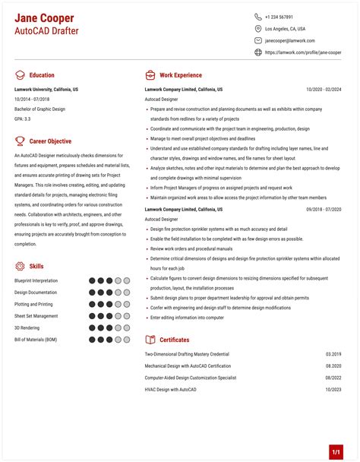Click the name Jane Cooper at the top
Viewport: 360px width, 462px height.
coord(44,17)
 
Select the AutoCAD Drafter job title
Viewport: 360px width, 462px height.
coord(46,31)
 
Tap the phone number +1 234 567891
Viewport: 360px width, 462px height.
coord(279,17)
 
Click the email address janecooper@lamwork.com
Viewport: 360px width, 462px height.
coord(289,40)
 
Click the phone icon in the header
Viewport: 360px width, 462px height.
coord(258,17)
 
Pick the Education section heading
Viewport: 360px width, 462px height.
coord(42,75)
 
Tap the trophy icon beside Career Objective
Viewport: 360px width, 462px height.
coord(19,141)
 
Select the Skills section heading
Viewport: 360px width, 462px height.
coord(36,266)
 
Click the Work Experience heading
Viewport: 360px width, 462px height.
coord(180,75)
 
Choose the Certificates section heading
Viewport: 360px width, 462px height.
coord(174,340)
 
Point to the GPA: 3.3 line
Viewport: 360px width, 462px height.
coord(23,119)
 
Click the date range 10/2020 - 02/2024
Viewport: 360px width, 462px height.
coord(324,89)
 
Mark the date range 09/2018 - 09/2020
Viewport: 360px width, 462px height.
coord(324,208)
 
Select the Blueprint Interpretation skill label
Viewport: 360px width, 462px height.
coord(36,280)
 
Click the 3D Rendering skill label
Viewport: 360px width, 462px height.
coord(27,328)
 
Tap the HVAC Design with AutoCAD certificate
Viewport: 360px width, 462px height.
coord(171,389)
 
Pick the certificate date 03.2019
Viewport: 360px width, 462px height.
coord(333,354)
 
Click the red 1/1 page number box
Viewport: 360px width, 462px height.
coord(336,452)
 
